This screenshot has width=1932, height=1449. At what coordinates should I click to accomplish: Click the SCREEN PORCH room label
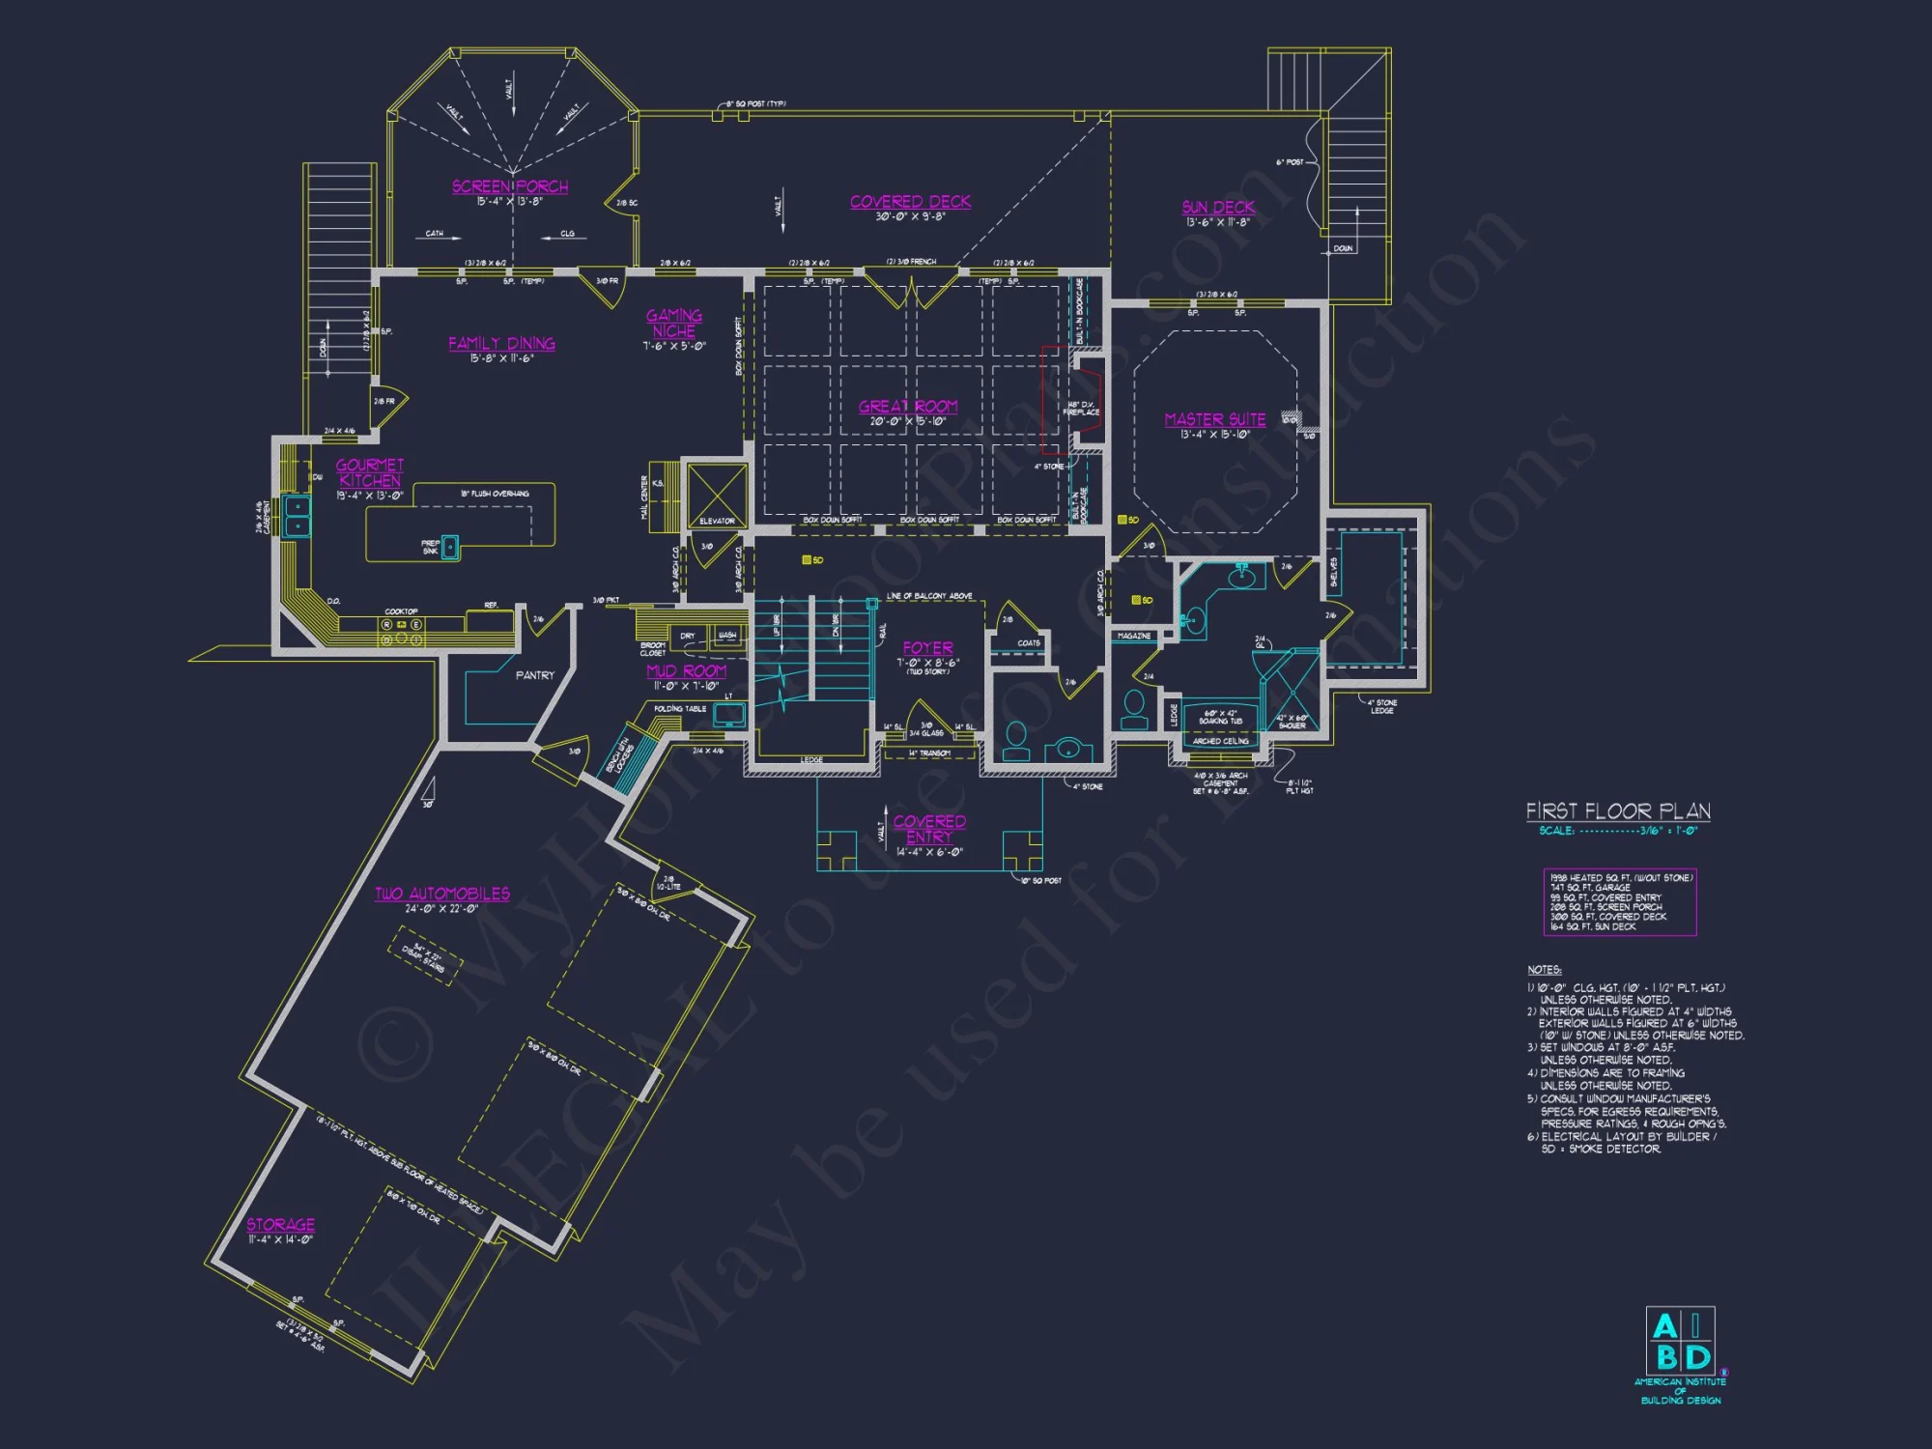click(x=510, y=186)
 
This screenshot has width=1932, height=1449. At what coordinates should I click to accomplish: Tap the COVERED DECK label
click(x=910, y=201)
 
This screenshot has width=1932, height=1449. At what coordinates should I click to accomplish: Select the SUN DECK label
click(x=1218, y=207)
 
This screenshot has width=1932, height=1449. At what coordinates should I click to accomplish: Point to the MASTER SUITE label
click(x=1214, y=419)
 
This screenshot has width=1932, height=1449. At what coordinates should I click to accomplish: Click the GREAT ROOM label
click(x=908, y=406)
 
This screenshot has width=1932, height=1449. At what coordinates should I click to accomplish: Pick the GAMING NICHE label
click(x=674, y=323)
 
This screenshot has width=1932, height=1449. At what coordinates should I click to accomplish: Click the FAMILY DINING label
click(x=501, y=343)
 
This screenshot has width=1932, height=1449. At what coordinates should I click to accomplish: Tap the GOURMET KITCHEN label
click(x=370, y=472)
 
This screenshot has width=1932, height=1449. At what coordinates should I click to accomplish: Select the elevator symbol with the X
click(x=717, y=494)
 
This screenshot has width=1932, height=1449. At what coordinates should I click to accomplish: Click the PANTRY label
click(x=535, y=675)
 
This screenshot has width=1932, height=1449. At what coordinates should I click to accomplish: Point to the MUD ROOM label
click(x=686, y=670)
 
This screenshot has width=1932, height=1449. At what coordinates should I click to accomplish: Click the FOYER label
click(x=927, y=647)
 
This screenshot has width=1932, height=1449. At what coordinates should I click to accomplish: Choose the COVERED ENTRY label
click(x=929, y=829)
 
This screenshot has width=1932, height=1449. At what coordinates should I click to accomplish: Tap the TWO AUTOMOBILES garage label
click(x=442, y=894)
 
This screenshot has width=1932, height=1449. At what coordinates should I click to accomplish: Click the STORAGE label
click(x=280, y=1224)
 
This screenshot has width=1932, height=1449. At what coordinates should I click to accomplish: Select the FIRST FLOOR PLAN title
click(x=1618, y=810)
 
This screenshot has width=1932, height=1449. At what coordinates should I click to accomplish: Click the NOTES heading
click(x=1544, y=969)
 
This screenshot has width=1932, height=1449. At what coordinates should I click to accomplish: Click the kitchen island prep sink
click(x=449, y=546)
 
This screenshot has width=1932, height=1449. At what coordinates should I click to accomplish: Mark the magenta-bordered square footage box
click(x=1619, y=901)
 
